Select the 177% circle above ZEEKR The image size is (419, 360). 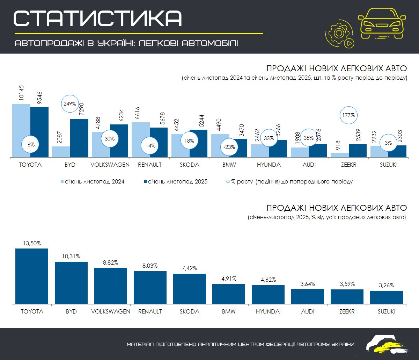pos(349,115)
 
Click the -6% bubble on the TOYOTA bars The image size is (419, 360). pos(30,144)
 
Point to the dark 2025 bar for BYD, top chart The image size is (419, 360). pos(79,138)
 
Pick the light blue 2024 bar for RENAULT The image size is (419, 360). pos(141,140)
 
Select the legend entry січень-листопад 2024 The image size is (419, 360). pos(93,181)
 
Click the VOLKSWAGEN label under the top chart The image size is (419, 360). pos(110,165)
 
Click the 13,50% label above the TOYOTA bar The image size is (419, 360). pos(31,243)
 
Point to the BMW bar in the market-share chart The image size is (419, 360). pos(229,294)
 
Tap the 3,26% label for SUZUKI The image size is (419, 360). pos(386,285)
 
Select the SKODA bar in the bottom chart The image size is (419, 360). pos(190,288)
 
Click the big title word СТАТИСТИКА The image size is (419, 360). pos(98,18)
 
